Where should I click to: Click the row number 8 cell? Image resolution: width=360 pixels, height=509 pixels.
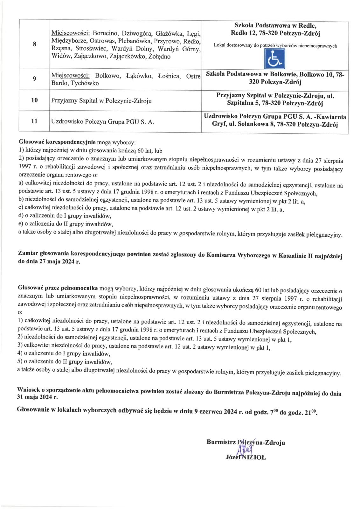tap(34, 45)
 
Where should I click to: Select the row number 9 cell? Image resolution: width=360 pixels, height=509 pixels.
tap(34, 79)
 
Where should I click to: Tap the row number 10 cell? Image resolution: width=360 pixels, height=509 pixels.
tap(34, 101)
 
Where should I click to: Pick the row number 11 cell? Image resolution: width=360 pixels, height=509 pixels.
tap(34, 121)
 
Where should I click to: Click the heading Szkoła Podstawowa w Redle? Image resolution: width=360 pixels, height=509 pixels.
tap(275, 25)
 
